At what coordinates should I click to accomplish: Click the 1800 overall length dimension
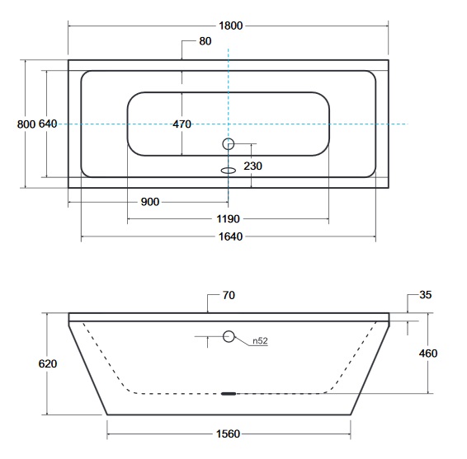coord(230,26)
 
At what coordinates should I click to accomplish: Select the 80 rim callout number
coord(205,41)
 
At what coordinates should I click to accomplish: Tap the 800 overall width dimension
coord(26,124)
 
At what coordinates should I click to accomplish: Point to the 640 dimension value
coord(48,124)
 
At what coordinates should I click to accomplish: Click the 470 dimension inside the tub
coord(182,124)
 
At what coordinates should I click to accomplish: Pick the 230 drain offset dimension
coord(252,166)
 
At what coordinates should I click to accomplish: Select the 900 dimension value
coord(150,202)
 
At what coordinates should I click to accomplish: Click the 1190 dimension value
coord(228,219)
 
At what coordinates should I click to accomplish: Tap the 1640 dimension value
coord(230,237)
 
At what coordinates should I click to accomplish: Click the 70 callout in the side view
coord(229,295)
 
